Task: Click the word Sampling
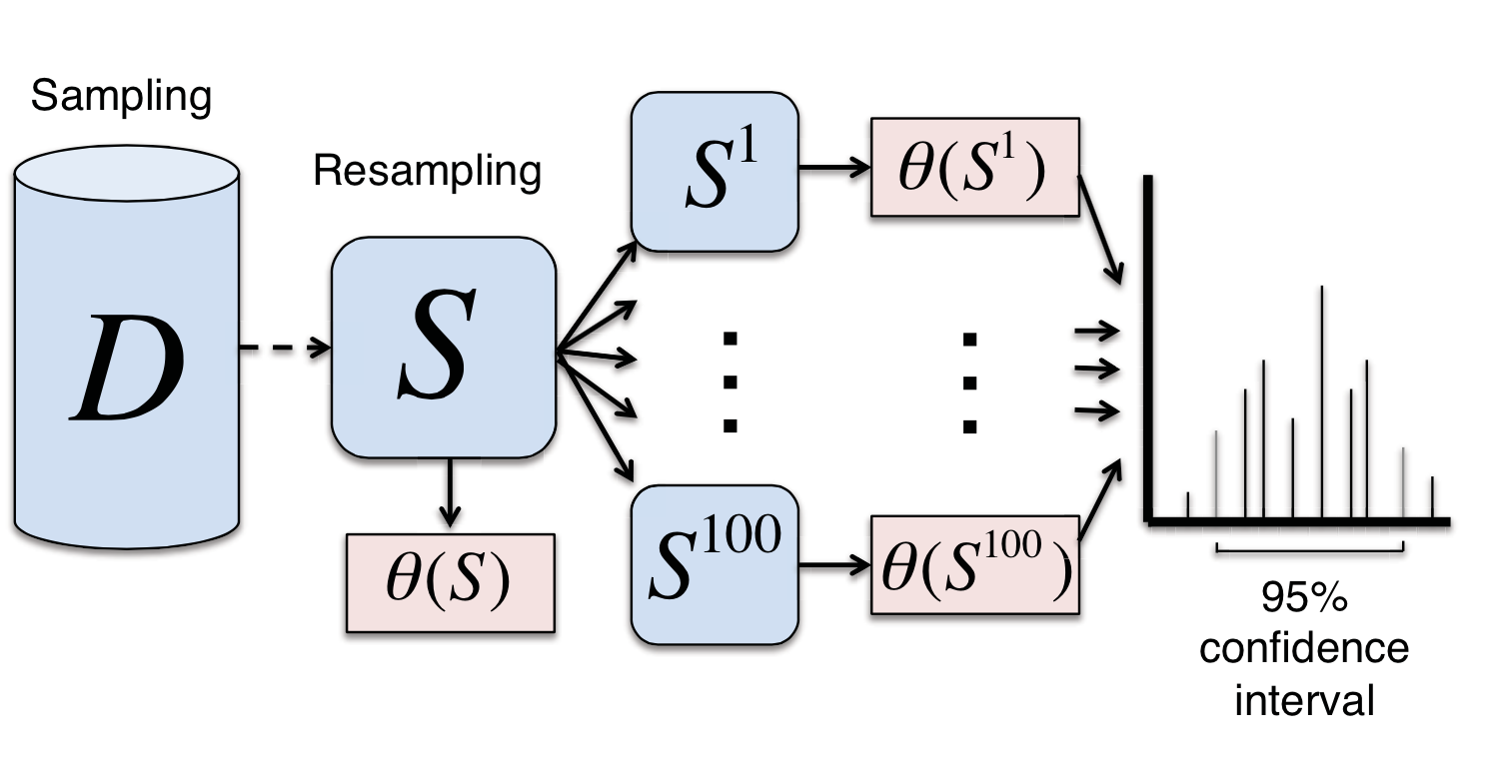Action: [121, 98]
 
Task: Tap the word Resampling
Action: [428, 171]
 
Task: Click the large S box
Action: [443, 348]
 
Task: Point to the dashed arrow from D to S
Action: [284, 349]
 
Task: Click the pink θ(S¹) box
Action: [973, 168]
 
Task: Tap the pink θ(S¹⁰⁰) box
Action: [973, 565]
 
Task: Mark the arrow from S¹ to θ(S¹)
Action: [833, 168]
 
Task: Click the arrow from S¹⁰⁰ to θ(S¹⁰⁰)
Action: [833, 565]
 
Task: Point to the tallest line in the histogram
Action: [1322, 399]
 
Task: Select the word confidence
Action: [1304, 649]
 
